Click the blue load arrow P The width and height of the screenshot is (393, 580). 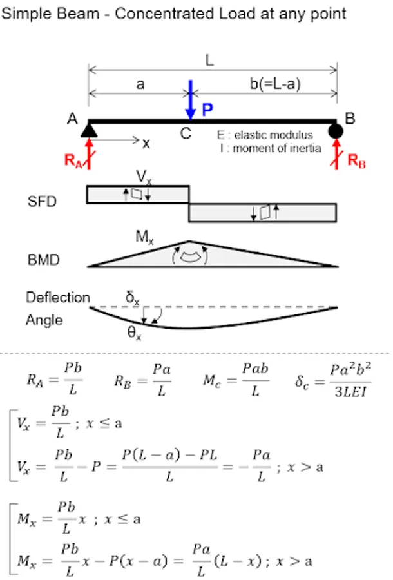pyautogui.click(x=190, y=100)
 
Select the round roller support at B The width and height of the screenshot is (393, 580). pyautogui.click(x=336, y=131)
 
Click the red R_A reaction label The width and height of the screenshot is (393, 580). pyautogui.click(x=73, y=161)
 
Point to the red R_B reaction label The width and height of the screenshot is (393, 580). pyautogui.click(x=356, y=161)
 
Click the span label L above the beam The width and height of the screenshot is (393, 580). pyautogui.click(x=210, y=61)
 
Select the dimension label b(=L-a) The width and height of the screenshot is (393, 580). pyautogui.click(x=274, y=84)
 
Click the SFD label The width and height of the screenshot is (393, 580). pyautogui.click(x=42, y=202)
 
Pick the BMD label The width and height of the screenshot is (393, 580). pyautogui.click(x=44, y=261)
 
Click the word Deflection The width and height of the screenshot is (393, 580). pyautogui.click(x=57, y=297)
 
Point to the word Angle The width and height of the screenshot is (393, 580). pyautogui.click(x=44, y=320)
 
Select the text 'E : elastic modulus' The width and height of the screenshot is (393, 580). pyautogui.click(x=264, y=135)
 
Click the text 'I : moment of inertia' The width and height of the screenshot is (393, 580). pyautogui.click(x=270, y=149)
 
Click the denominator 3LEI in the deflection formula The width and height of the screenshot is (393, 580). pyautogui.click(x=350, y=391)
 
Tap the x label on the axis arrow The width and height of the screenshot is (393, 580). pyautogui.click(x=146, y=143)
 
